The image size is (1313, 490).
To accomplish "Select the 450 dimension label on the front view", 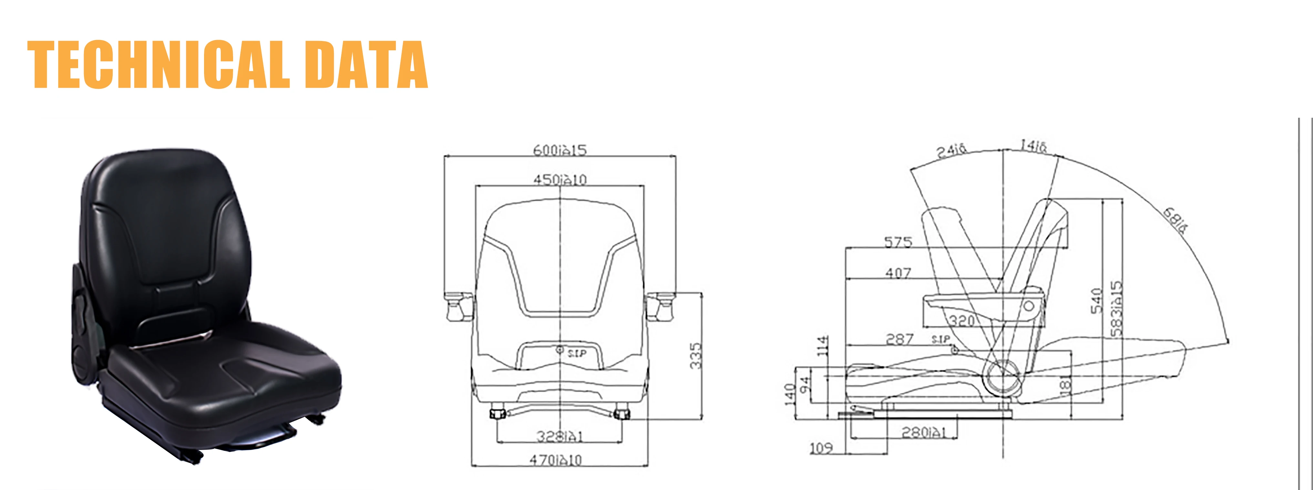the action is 560,179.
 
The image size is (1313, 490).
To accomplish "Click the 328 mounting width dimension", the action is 559,436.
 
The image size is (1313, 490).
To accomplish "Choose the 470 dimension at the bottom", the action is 556,460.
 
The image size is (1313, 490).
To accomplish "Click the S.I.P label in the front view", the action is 577,353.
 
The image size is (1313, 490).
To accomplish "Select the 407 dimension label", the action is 898,273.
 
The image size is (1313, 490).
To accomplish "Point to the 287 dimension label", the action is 900,339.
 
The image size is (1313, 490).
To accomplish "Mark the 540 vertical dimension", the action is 1097,301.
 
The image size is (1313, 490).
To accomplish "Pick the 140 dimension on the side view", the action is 790,395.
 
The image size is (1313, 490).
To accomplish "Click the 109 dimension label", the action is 821,448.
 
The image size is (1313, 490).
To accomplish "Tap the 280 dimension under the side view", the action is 924,433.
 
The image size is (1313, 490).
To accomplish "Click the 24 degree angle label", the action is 951,150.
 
